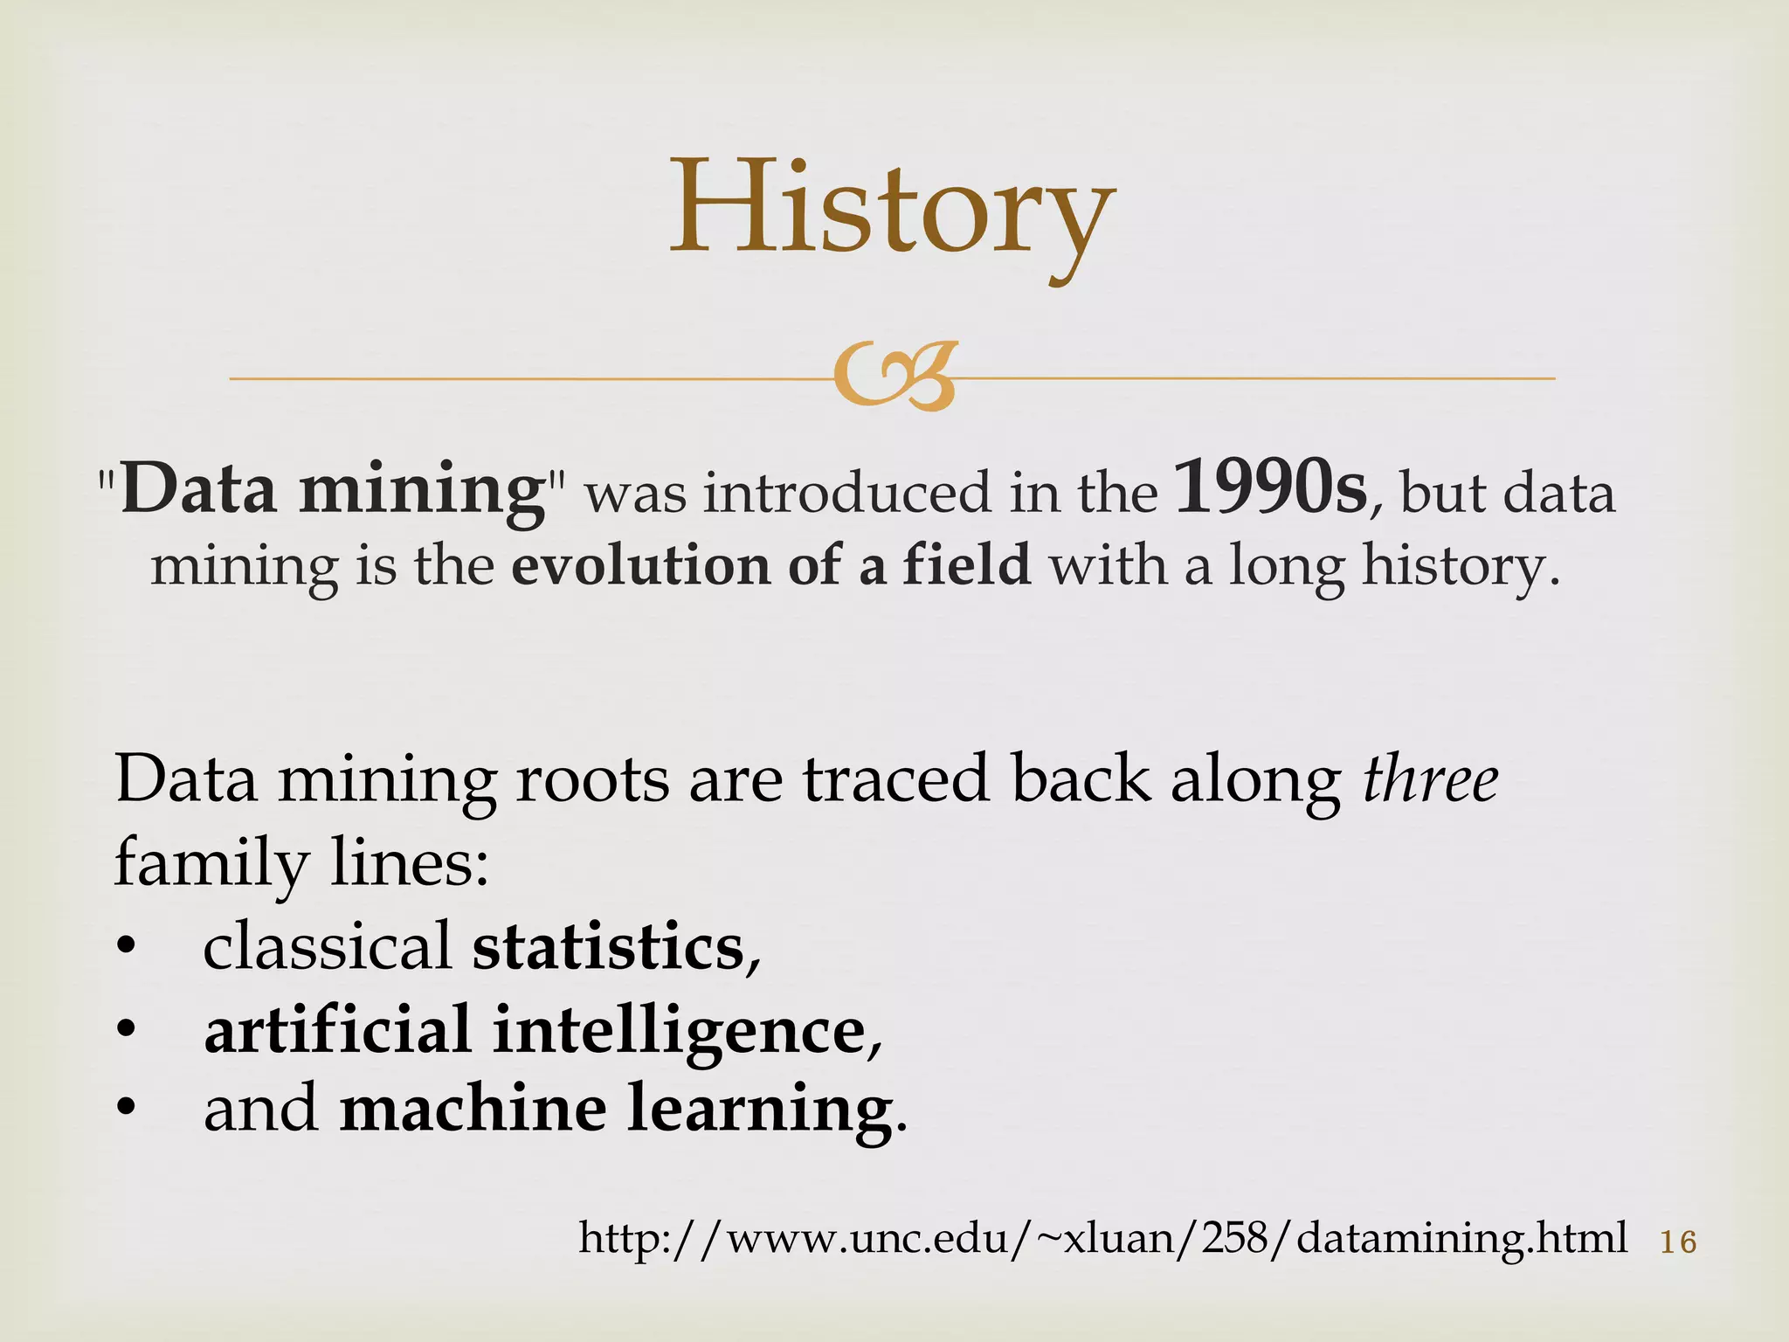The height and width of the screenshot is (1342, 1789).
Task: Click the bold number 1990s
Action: click(1270, 489)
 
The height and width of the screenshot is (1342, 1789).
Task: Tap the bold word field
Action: click(966, 564)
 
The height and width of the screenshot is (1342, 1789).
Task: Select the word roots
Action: click(592, 779)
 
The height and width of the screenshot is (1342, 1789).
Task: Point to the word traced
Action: click(896, 779)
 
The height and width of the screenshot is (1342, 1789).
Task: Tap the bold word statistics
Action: click(608, 947)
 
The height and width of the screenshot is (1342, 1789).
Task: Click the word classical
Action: click(327, 947)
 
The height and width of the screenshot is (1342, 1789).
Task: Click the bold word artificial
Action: click(338, 1029)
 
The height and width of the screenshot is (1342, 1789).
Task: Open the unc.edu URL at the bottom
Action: click(1102, 1239)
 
